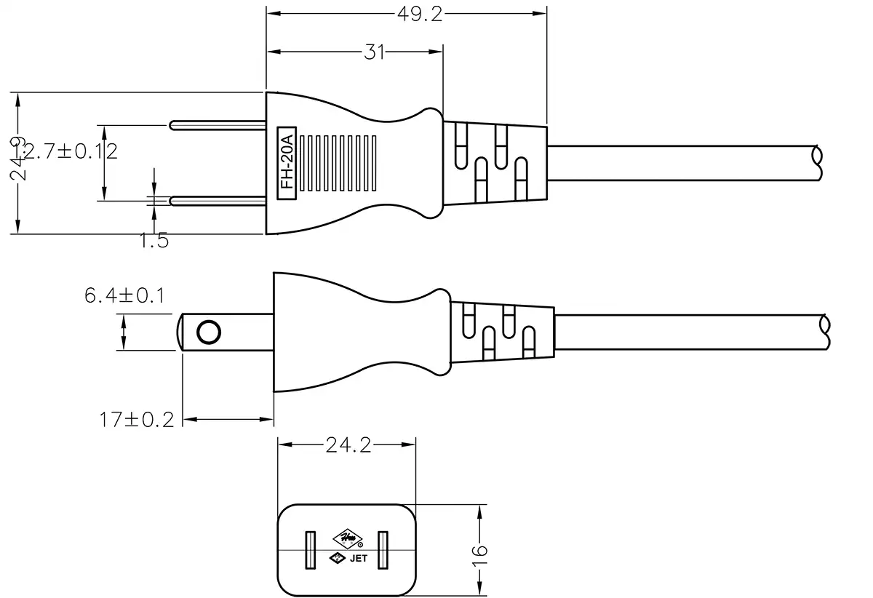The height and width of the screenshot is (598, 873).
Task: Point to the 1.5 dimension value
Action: point(154,241)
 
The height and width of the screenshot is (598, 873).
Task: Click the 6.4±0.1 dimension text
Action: point(124,295)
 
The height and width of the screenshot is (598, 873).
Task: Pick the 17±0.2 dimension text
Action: point(137,420)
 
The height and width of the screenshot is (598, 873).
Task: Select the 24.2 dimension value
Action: point(347,445)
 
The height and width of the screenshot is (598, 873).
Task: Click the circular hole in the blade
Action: point(209,332)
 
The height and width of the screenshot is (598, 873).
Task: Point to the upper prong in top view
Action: point(217,125)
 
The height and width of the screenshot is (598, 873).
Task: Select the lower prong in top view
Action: point(217,200)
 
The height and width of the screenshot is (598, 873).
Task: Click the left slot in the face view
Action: point(310,551)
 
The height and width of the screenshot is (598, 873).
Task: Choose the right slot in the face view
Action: point(383,551)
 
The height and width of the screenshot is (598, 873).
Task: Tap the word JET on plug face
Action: point(359,559)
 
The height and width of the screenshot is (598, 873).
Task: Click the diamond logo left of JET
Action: point(338,559)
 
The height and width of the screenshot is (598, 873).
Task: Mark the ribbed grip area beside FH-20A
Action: point(339,163)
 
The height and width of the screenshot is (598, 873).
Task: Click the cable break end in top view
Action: point(818,163)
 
